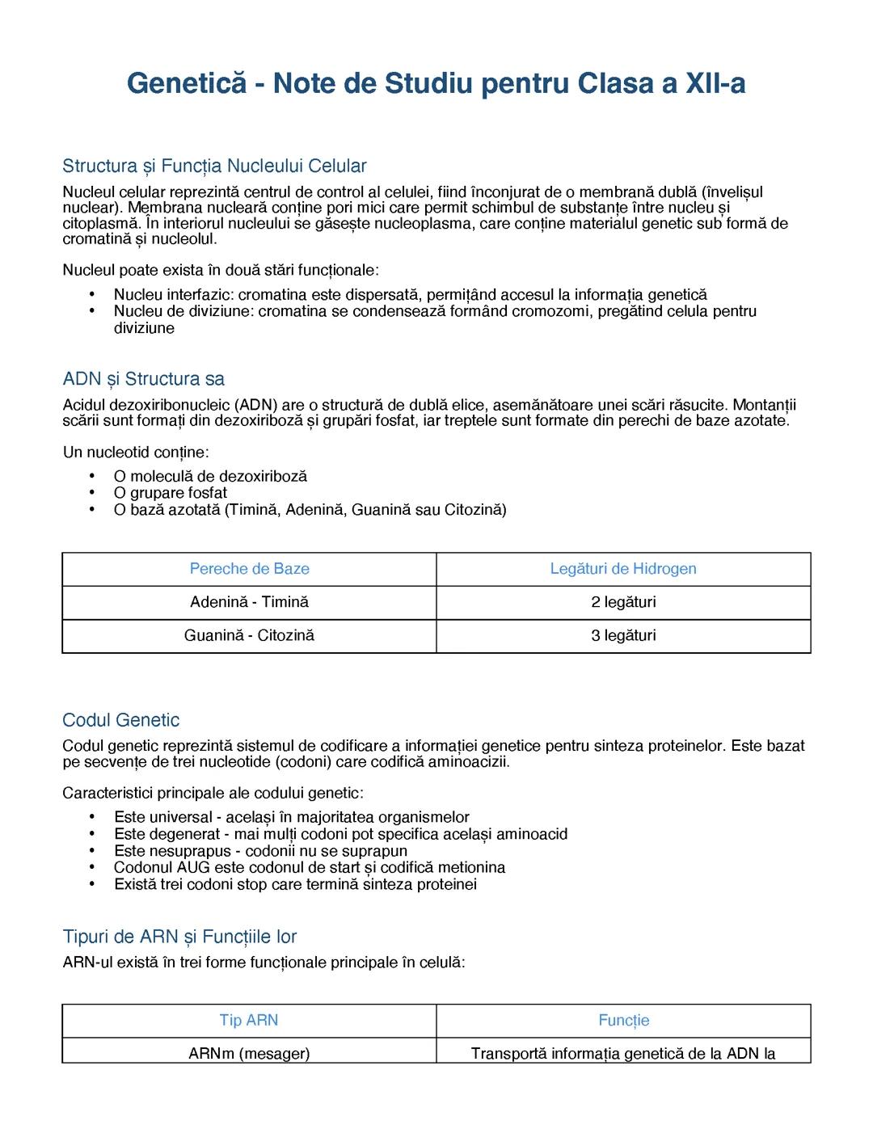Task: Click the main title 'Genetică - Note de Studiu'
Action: click(x=436, y=83)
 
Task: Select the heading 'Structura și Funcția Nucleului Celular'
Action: click(x=214, y=166)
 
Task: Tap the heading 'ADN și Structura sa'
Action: click(x=144, y=379)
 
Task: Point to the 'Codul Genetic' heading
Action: click(x=121, y=720)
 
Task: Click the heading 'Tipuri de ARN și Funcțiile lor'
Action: click(x=179, y=937)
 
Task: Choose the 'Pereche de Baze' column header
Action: click(x=249, y=569)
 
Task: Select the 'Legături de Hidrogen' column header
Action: click(x=623, y=569)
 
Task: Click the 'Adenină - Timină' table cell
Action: click(x=249, y=602)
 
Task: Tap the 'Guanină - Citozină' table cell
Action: click(x=249, y=635)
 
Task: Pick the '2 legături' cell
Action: click(x=623, y=602)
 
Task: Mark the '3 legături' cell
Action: click(x=623, y=635)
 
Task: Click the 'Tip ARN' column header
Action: click(x=249, y=1020)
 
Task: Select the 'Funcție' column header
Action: click(x=623, y=1021)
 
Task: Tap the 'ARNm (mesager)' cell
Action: click(x=249, y=1053)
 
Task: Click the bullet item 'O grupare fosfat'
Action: click(x=171, y=493)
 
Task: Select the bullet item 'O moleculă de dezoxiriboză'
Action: click(x=210, y=477)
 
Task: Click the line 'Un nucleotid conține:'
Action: click(x=136, y=452)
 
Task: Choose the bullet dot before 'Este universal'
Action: click(x=94, y=817)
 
